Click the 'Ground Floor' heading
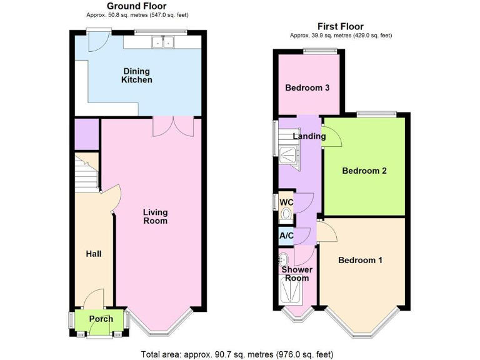137,6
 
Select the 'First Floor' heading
341,26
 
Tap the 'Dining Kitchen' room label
136,76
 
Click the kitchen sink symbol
164,42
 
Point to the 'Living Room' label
155,216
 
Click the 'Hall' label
93,254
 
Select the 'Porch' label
101,319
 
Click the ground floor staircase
87,172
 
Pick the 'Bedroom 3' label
307,88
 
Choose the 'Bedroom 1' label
360,260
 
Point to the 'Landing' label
309,136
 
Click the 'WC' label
286,202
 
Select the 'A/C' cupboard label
286,236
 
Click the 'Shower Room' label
296,274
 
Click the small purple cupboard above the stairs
86,134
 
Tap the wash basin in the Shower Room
283,257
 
